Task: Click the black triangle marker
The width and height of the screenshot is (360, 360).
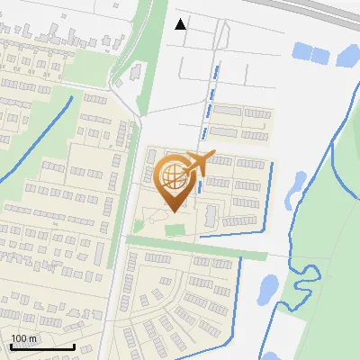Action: pyautogui.click(x=181, y=24)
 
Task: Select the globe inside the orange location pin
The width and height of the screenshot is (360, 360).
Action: pyautogui.click(x=170, y=175)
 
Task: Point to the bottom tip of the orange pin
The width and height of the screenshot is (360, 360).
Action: pyautogui.click(x=173, y=211)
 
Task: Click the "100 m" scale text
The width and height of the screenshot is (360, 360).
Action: pyautogui.click(x=23, y=338)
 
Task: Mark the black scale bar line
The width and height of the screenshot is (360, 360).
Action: pyautogui.click(x=42, y=346)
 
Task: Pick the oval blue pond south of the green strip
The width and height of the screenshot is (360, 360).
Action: pyautogui.click(x=268, y=288)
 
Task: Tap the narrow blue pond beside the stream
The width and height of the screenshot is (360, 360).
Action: pyautogui.click(x=294, y=185)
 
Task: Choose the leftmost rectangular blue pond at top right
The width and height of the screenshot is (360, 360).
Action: pyautogui.click(x=301, y=52)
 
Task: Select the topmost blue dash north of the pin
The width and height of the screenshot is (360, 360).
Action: pyautogui.click(x=216, y=70)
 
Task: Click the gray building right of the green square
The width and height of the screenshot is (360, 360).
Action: pyautogui.click(x=211, y=215)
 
